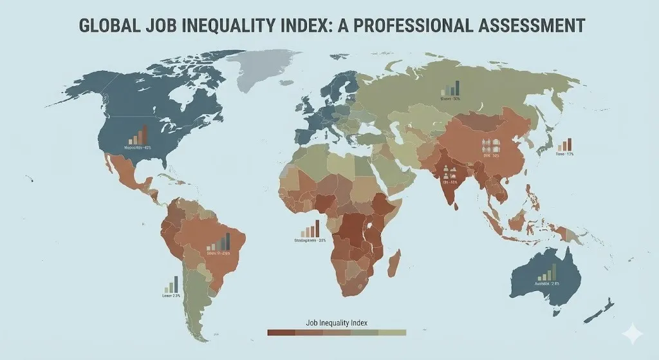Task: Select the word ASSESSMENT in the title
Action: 524,25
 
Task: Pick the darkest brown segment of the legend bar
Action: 281,332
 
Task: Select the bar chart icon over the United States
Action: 138,135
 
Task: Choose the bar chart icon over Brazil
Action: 220,242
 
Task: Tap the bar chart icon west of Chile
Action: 170,285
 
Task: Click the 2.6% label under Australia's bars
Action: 554,283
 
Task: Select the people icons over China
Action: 491,145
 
